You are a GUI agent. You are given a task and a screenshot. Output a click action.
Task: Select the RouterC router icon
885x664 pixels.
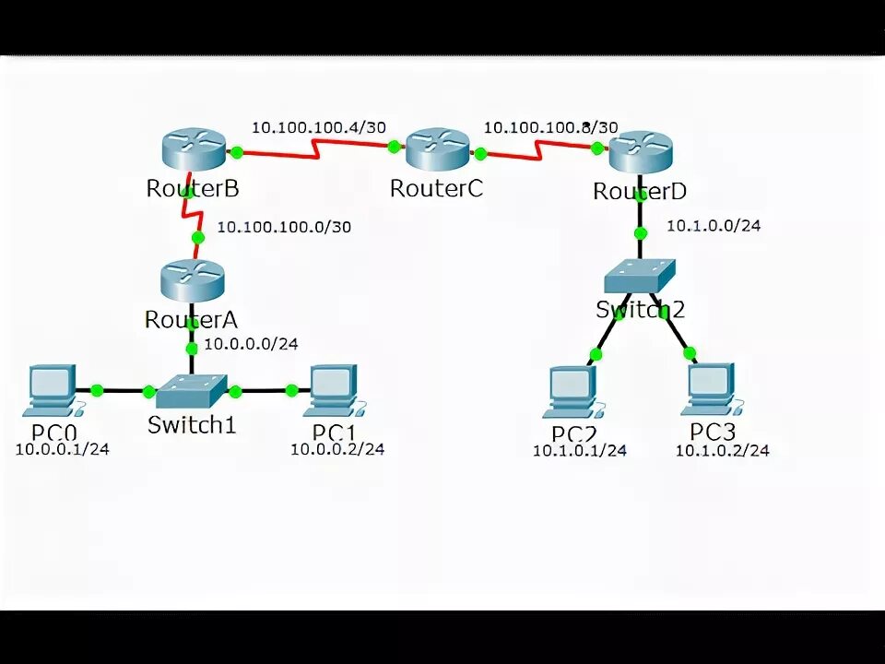[x=438, y=149]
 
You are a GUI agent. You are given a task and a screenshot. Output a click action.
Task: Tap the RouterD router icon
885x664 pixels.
[x=640, y=150]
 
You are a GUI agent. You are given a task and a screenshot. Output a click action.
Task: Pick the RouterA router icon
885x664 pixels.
[x=191, y=279]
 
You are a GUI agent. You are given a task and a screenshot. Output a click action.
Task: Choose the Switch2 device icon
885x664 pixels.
[x=641, y=274]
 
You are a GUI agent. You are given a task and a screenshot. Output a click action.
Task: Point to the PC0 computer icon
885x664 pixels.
[x=52, y=388]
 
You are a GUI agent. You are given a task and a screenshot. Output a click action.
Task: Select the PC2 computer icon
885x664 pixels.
[x=572, y=391]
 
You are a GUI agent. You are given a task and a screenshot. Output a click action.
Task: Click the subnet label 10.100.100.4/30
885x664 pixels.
[x=318, y=127]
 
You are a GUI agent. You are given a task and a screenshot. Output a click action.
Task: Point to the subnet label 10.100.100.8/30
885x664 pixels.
[x=550, y=127]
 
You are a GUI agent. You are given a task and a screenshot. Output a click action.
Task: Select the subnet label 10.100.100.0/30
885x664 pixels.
[x=283, y=226]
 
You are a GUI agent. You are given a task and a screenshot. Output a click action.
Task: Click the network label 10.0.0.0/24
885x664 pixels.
[x=251, y=344]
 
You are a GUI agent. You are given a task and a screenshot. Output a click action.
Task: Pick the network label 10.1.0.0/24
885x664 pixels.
[x=713, y=225]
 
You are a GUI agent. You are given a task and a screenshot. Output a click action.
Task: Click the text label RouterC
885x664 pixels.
[x=436, y=188]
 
